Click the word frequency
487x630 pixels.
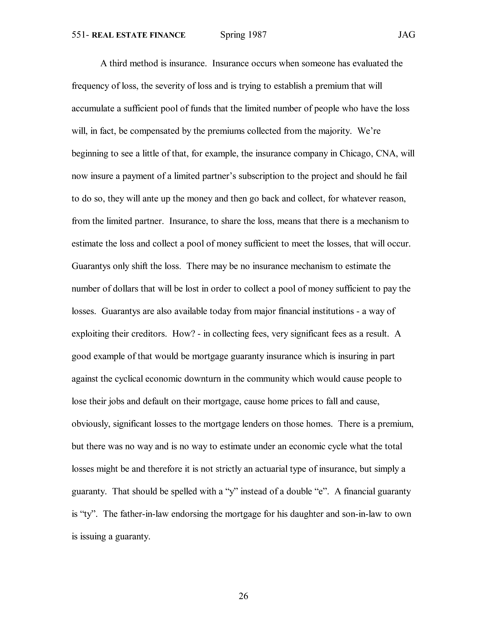tap(91, 86)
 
